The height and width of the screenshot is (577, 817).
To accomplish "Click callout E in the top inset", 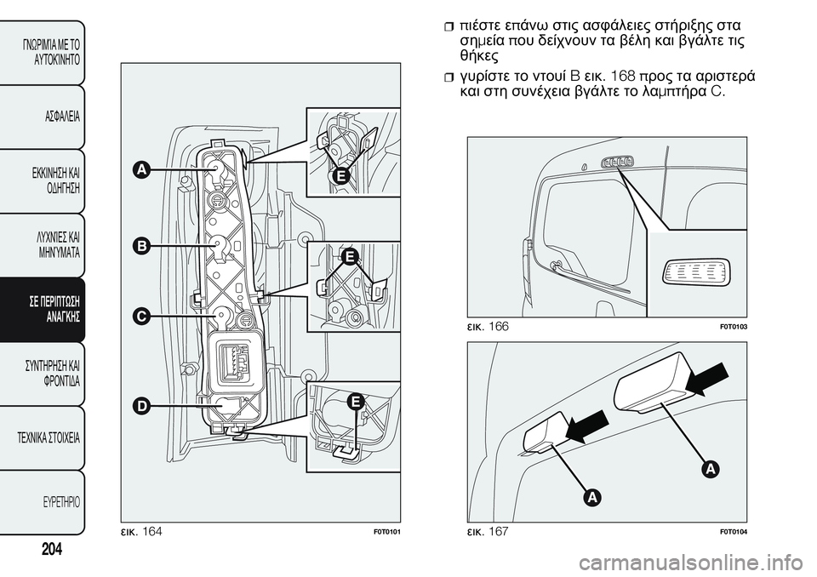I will pyautogui.click(x=340, y=175).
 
